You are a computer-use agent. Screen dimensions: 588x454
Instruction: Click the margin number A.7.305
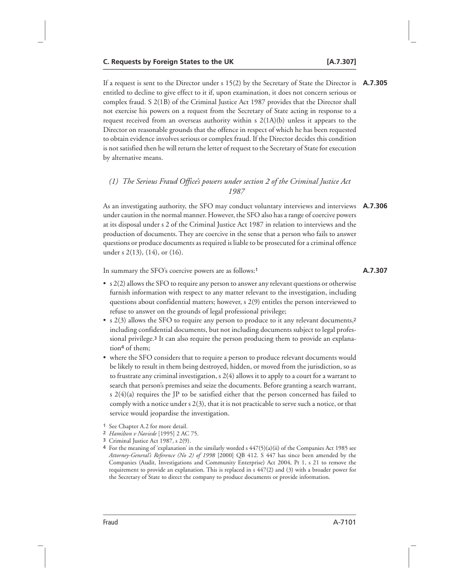point(374,84)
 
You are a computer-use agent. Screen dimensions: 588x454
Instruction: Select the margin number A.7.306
point(374,205)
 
